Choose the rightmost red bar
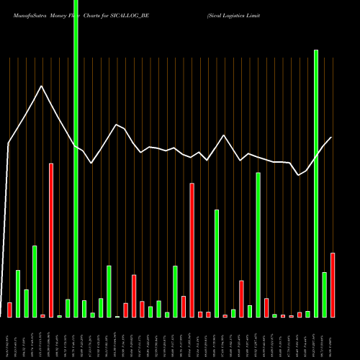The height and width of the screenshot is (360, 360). (x=333, y=284)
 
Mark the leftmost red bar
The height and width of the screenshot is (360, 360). (x=9, y=310)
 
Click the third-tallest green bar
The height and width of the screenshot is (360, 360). (x=258, y=245)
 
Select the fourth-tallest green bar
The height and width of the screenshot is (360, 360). (x=217, y=263)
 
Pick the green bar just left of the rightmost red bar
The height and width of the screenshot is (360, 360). (x=324, y=294)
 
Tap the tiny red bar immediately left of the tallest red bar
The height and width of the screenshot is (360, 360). (x=42, y=315)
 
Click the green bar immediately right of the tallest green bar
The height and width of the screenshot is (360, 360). (x=84, y=308)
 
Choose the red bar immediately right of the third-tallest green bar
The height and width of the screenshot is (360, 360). (x=266, y=307)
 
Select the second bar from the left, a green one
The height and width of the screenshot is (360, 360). (x=18, y=293)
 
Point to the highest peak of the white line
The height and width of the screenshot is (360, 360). (x=42, y=86)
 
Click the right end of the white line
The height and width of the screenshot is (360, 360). (x=332, y=137)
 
